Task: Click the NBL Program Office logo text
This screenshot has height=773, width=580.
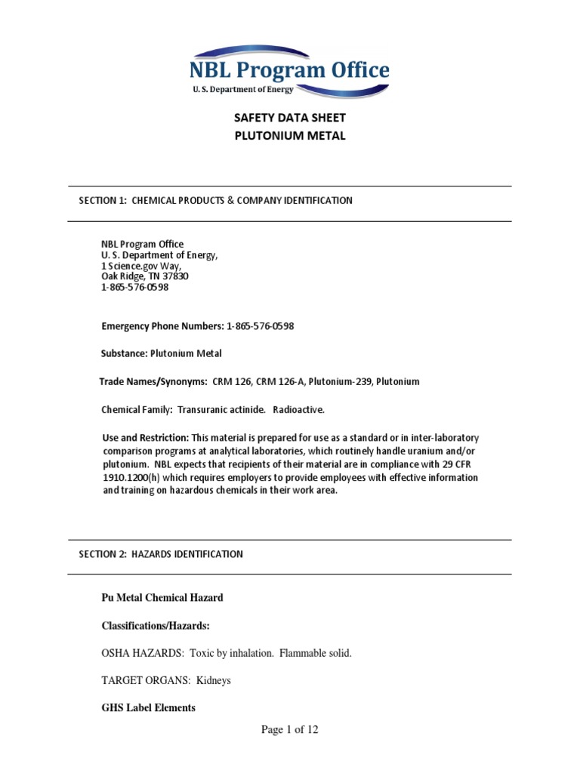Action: [290, 71]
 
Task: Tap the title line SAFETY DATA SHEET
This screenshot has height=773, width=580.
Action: [290, 119]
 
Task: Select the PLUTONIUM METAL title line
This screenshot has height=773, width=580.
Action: [290, 136]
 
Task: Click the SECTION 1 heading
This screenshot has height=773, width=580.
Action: [215, 200]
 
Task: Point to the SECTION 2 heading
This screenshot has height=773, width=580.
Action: [161, 554]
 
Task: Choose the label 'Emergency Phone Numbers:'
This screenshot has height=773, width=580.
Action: [162, 326]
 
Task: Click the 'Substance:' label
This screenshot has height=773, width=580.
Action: [124, 353]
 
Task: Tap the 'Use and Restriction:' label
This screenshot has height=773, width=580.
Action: [145, 438]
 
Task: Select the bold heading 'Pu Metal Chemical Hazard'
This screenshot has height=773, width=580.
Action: [162, 597]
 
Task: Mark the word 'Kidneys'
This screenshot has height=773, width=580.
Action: [214, 680]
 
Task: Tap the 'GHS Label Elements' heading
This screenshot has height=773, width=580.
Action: [148, 707]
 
